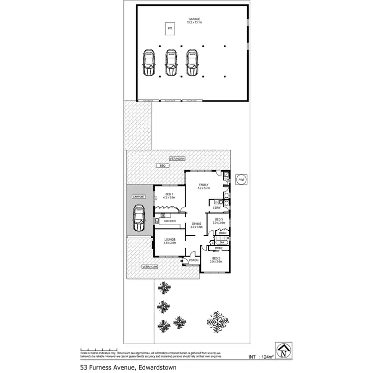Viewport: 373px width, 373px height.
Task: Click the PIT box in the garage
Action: [x=170, y=29]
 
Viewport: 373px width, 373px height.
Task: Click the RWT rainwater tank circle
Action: [x=241, y=180]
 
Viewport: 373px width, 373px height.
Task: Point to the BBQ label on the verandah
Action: [x=162, y=165]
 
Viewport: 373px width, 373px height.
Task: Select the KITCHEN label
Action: [x=170, y=221]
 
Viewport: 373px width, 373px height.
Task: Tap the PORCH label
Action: [x=193, y=260]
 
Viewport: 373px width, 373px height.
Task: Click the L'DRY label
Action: [x=217, y=208]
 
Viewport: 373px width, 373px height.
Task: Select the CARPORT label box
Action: [x=139, y=197]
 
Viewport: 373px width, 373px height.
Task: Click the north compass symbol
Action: [x=283, y=350]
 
